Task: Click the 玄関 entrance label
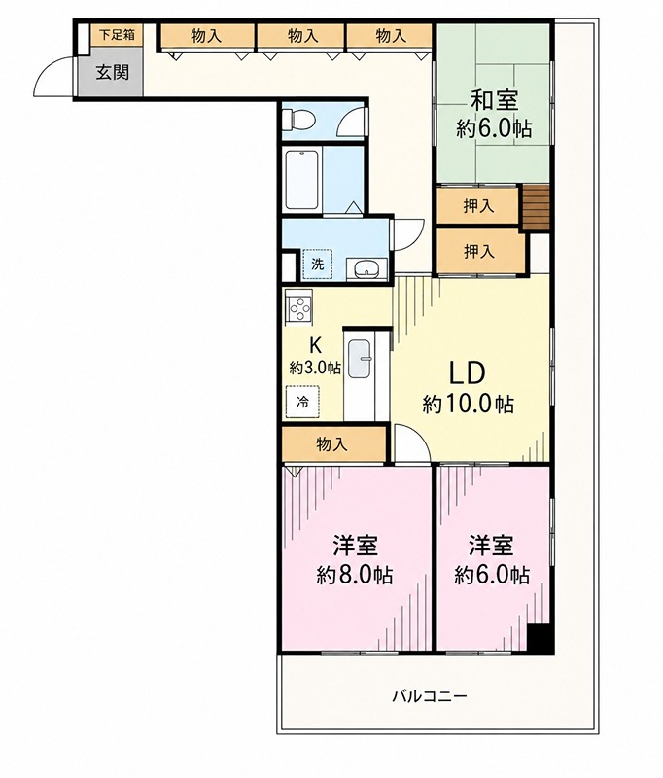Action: pyautogui.click(x=113, y=72)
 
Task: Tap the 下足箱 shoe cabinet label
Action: pyautogui.click(x=117, y=35)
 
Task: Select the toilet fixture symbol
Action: pyautogui.click(x=298, y=119)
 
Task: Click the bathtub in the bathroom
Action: pyautogui.click(x=301, y=180)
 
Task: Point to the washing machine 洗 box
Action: pyautogui.click(x=317, y=264)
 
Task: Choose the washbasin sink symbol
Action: pyautogui.click(x=366, y=269)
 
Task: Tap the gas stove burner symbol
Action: pyautogui.click(x=298, y=307)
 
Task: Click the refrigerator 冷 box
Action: pyautogui.click(x=302, y=401)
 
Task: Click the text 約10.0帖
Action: pyautogui.click(x=469, y=405)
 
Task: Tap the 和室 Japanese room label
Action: pyautogui.click(x=494, y=101)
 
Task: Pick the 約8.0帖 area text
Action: pyautogui.click(x=355, y=575)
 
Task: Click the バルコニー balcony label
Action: pyautogui.click(x=430, y=696)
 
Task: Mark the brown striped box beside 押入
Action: pyautogui.click(x=537, y=207)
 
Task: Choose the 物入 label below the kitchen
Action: pyautogui.click(x=331, y=444)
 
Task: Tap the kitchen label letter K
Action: pyautogui.click(x=314, y=344)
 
